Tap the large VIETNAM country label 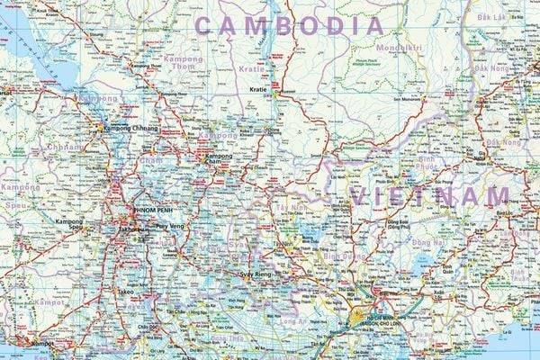pos(430,196)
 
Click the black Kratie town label pos(258,91)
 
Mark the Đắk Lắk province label pos(492,17)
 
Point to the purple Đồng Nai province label pos(425,241)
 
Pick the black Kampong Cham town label pos(219,157)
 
